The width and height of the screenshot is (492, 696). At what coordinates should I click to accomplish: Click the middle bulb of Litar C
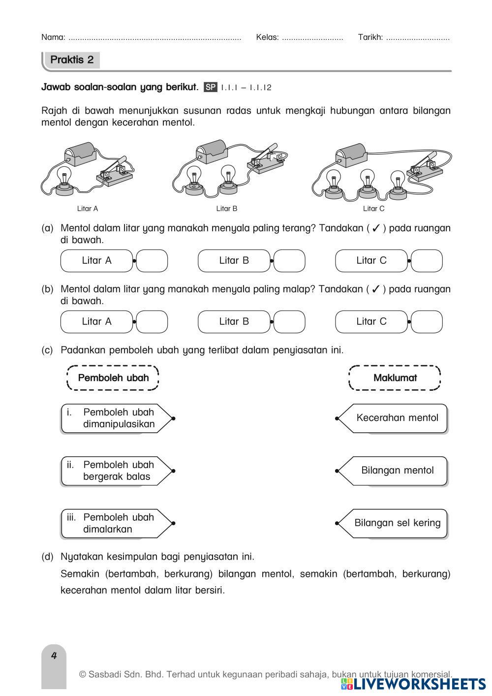point(367,182)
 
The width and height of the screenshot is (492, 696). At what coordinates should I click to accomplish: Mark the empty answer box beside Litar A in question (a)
point(152,261)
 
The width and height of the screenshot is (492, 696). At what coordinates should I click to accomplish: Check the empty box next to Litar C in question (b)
point(427,322)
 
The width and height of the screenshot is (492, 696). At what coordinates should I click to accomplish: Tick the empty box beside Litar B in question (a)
point(289,261)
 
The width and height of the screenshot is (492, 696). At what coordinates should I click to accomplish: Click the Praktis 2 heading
point(72,60)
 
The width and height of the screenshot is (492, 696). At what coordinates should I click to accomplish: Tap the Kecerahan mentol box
point(397,418)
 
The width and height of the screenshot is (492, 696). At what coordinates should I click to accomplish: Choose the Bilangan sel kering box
point(397,523)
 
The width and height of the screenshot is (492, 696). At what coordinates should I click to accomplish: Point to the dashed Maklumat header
point(395,378)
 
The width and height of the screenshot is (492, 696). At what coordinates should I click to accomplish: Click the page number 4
point(54,656)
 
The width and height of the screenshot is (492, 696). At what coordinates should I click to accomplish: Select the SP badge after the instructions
point(210,88)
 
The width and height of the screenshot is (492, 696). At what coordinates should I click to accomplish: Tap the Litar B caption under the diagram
point(227,209)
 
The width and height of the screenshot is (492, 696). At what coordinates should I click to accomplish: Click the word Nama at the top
point(53,37)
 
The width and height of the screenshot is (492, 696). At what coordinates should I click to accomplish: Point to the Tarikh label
point(370,37)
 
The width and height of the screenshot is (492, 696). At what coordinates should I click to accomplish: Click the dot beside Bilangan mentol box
point(337,471)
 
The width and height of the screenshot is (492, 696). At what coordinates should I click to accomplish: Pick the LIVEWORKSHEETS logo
point(413,684)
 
